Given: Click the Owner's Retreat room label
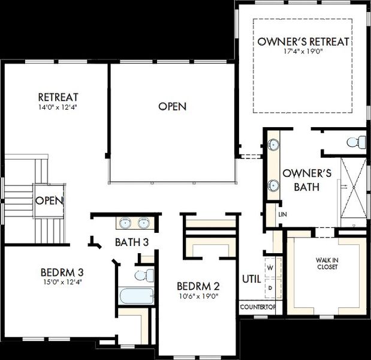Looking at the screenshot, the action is point(303,41).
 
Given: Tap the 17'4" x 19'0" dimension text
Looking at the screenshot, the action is point(303,52).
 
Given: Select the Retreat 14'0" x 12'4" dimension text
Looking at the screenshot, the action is point(58,107).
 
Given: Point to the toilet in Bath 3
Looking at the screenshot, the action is point(144,275).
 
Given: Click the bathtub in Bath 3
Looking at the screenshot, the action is point(136,296).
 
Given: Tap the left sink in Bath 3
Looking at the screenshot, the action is point(125,223).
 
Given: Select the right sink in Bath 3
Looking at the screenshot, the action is point(144,223).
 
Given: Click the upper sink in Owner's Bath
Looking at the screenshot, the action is point(273,144).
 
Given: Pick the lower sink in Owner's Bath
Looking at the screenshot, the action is point(273,185).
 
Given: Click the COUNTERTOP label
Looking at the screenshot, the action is point(258,307).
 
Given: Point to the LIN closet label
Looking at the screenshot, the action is point(282,215).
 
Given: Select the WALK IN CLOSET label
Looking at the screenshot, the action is point(327,263).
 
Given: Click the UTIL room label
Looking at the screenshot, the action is point(252,279).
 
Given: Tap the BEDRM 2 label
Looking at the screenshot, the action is point(198,286).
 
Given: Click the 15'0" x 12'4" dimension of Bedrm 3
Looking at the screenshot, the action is point(62,282).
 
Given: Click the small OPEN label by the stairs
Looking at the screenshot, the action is point(50,200).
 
